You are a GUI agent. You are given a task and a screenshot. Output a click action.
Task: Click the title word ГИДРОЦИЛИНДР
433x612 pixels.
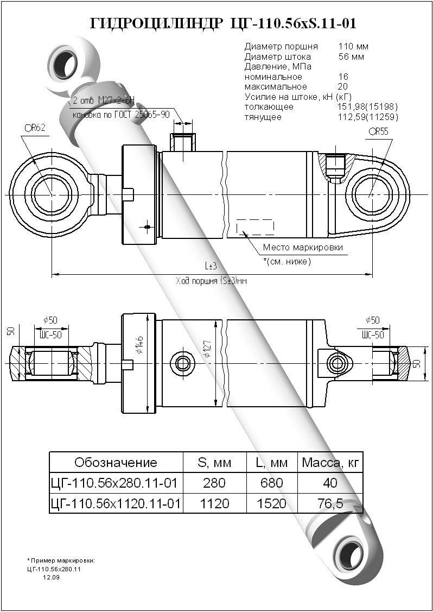(155, 23)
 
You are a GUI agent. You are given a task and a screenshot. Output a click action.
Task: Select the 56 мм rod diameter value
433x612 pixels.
(351, 56)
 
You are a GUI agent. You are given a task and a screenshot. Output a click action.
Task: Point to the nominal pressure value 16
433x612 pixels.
(343, 77)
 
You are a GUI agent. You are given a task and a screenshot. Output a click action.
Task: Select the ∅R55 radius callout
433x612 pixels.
(378, 131)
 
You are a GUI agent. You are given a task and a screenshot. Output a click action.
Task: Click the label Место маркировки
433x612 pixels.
(303, 248)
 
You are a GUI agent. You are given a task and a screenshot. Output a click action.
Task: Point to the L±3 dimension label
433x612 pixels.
(211, 266)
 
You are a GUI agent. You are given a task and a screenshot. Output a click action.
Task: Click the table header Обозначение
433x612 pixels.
(116, 463)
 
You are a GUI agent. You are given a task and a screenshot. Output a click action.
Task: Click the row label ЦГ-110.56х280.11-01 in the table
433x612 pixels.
(115, 483)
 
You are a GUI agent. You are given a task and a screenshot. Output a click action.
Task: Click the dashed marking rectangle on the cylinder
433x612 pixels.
(254, 226)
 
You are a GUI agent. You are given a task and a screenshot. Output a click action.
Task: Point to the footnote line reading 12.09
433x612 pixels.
(51, 577)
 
